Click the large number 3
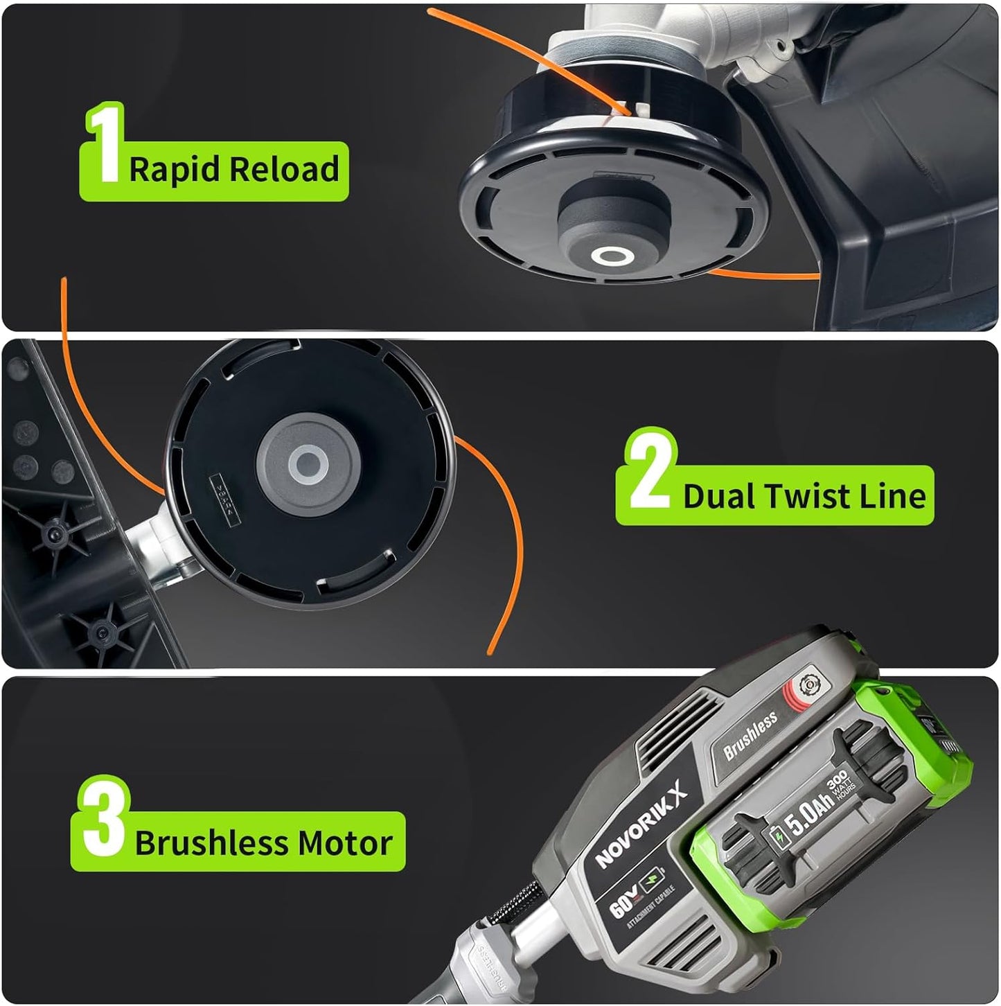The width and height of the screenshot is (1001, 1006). pos(104,818)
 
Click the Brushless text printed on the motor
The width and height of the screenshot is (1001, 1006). pos(750,736)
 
